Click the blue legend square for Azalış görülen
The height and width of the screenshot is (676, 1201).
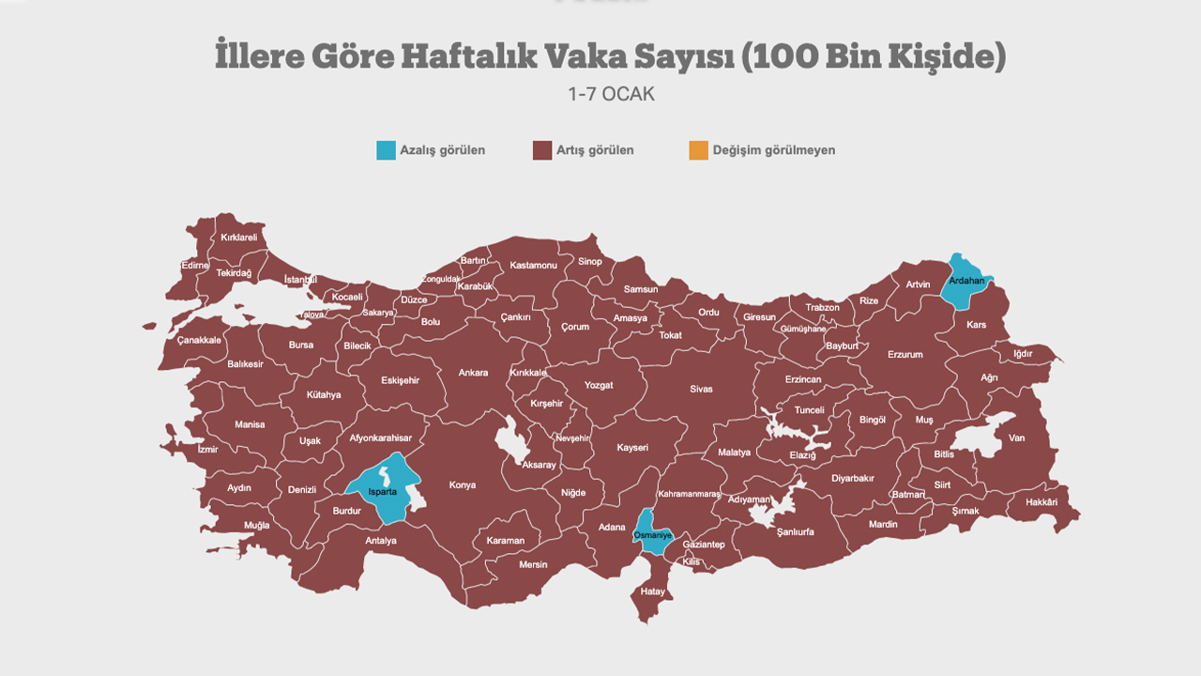386,150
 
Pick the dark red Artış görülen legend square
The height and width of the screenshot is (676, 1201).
542,150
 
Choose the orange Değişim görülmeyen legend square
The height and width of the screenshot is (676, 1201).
698,150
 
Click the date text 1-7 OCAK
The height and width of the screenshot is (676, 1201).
611,95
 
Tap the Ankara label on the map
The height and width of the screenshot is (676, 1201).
473,373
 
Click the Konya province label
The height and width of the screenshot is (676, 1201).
463,485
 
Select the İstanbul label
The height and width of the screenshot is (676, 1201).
301,280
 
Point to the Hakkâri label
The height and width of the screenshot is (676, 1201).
1041,502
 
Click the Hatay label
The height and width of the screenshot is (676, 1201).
652,591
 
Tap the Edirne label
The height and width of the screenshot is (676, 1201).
195,266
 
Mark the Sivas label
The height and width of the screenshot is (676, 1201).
701,389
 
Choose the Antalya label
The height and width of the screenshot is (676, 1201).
381,541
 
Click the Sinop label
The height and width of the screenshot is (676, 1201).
590,262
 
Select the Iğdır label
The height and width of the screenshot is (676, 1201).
1023,354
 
